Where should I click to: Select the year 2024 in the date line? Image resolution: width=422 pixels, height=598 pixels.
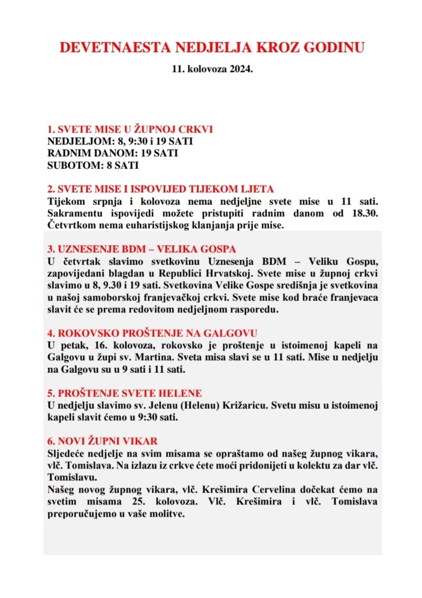point(240,70)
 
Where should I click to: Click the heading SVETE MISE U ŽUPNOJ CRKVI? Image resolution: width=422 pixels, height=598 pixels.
point(130,129)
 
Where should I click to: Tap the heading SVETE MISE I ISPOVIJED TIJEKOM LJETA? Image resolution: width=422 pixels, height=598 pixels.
point(161,189)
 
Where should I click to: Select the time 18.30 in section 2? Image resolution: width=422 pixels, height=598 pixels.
point(365,213)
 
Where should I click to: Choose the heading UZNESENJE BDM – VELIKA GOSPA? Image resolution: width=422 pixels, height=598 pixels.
point(142,249)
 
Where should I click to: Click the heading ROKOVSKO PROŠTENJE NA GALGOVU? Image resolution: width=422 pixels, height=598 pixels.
point(153,333)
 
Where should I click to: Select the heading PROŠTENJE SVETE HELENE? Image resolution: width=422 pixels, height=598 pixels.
point(124,393)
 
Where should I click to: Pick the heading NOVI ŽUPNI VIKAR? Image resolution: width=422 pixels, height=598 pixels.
point(102,441)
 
